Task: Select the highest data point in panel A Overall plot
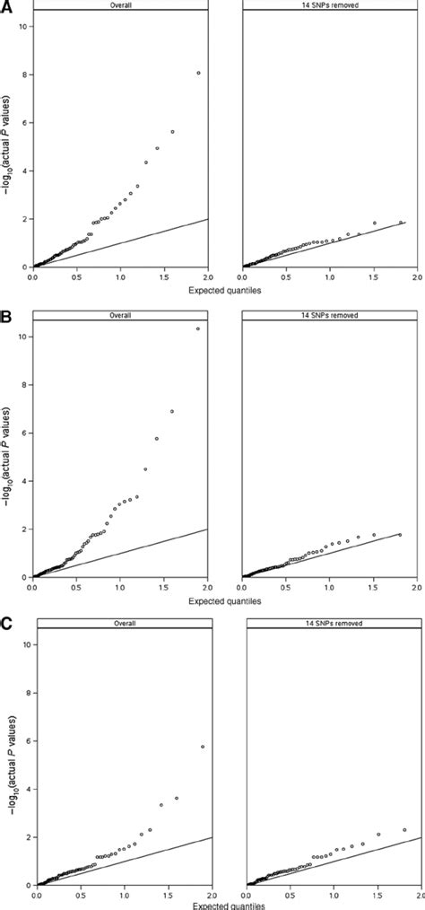198,73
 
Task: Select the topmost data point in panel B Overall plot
198,328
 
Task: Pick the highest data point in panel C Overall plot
203,747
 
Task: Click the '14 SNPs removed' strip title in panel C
332,623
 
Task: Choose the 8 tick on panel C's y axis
26,693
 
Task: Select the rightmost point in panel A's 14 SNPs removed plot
401,223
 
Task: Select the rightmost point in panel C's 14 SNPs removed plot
404,830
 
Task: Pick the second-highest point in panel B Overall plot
172,412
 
